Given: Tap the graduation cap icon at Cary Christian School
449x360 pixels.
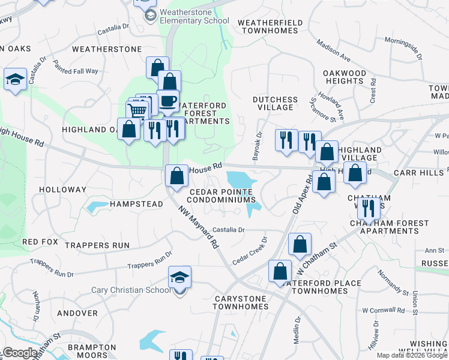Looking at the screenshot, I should [179, 277].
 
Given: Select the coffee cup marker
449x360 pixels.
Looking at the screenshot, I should [168, 101].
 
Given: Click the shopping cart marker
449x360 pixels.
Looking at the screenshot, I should [137, 111].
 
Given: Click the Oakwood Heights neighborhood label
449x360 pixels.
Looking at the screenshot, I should [345, 77].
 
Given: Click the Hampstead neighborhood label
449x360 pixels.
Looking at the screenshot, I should [136, 204].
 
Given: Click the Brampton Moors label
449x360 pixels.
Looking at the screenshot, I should [92, 352].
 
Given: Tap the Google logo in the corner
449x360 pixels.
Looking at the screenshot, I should [20, 353].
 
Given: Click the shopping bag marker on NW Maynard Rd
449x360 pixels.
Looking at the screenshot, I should [176, 176].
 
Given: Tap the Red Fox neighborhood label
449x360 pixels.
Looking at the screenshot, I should [40, 242].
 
